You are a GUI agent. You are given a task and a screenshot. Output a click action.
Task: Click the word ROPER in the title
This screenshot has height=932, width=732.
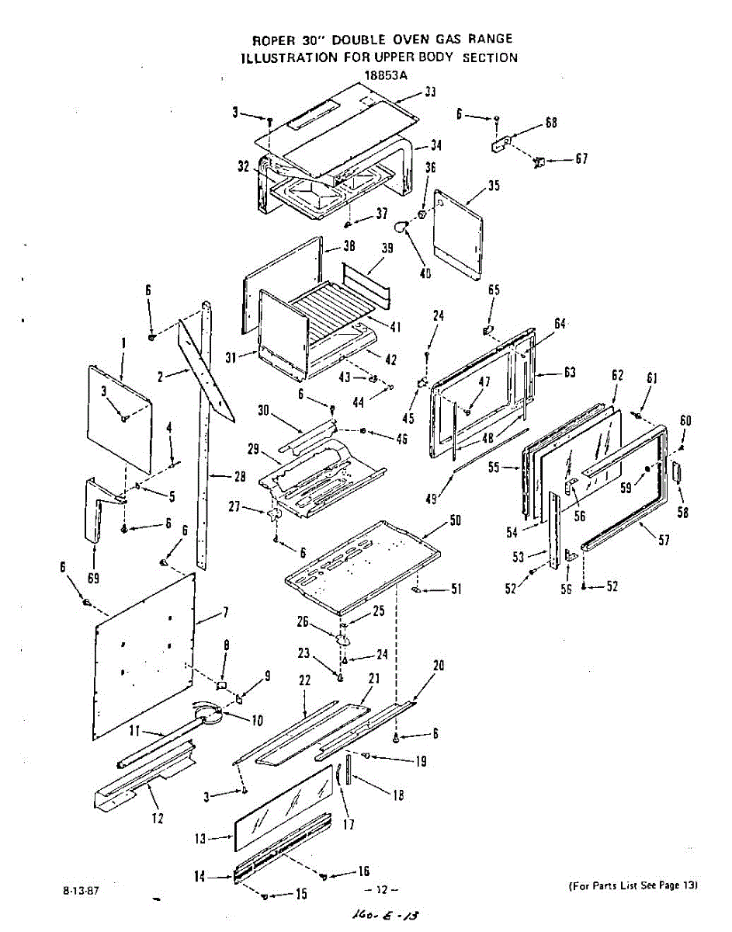click(271, 39)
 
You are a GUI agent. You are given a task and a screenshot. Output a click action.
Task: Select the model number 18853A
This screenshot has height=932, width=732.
click(385, 75)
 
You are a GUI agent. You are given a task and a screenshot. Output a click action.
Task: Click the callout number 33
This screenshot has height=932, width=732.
click(429, 92)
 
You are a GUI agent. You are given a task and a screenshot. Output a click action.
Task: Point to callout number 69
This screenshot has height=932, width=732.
click(95, 578)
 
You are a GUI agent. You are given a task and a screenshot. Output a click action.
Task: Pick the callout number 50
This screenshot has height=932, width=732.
click(456, 520)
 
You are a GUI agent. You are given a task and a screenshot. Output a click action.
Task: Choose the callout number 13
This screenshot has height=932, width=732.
click(200, 838)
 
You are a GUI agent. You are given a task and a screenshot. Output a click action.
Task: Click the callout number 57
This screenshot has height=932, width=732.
click(664, 541)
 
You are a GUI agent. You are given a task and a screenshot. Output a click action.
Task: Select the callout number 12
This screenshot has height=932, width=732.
click(158, 817)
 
